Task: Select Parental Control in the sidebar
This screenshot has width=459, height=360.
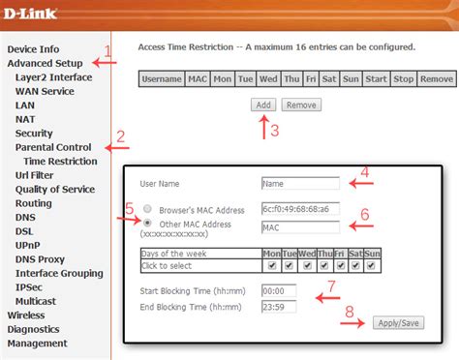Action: point(53,147)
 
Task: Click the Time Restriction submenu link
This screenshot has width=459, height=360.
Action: point(60,161)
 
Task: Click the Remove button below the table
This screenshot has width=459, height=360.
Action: point(301,105)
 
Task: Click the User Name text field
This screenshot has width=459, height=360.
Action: point(300,182)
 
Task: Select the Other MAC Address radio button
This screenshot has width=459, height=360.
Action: point(147,223)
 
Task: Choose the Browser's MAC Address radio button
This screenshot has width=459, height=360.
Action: point(147,208)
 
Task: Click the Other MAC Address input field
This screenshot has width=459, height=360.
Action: point(300,227)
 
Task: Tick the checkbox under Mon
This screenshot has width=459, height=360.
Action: point(272,264)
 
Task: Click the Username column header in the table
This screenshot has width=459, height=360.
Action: point(162,78)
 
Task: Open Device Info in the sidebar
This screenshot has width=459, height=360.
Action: point(33,48)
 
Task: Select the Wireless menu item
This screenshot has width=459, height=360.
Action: point(26,315)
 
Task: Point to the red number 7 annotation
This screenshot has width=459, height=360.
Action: point(330,286)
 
